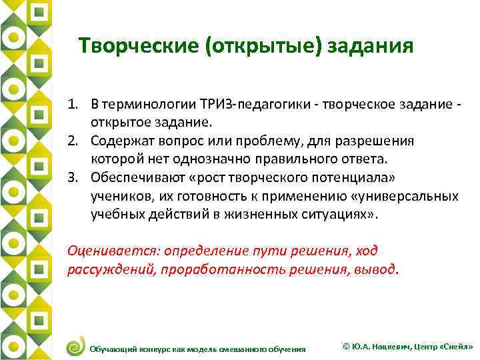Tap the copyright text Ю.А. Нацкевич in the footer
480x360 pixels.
click(x=379, y=347)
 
